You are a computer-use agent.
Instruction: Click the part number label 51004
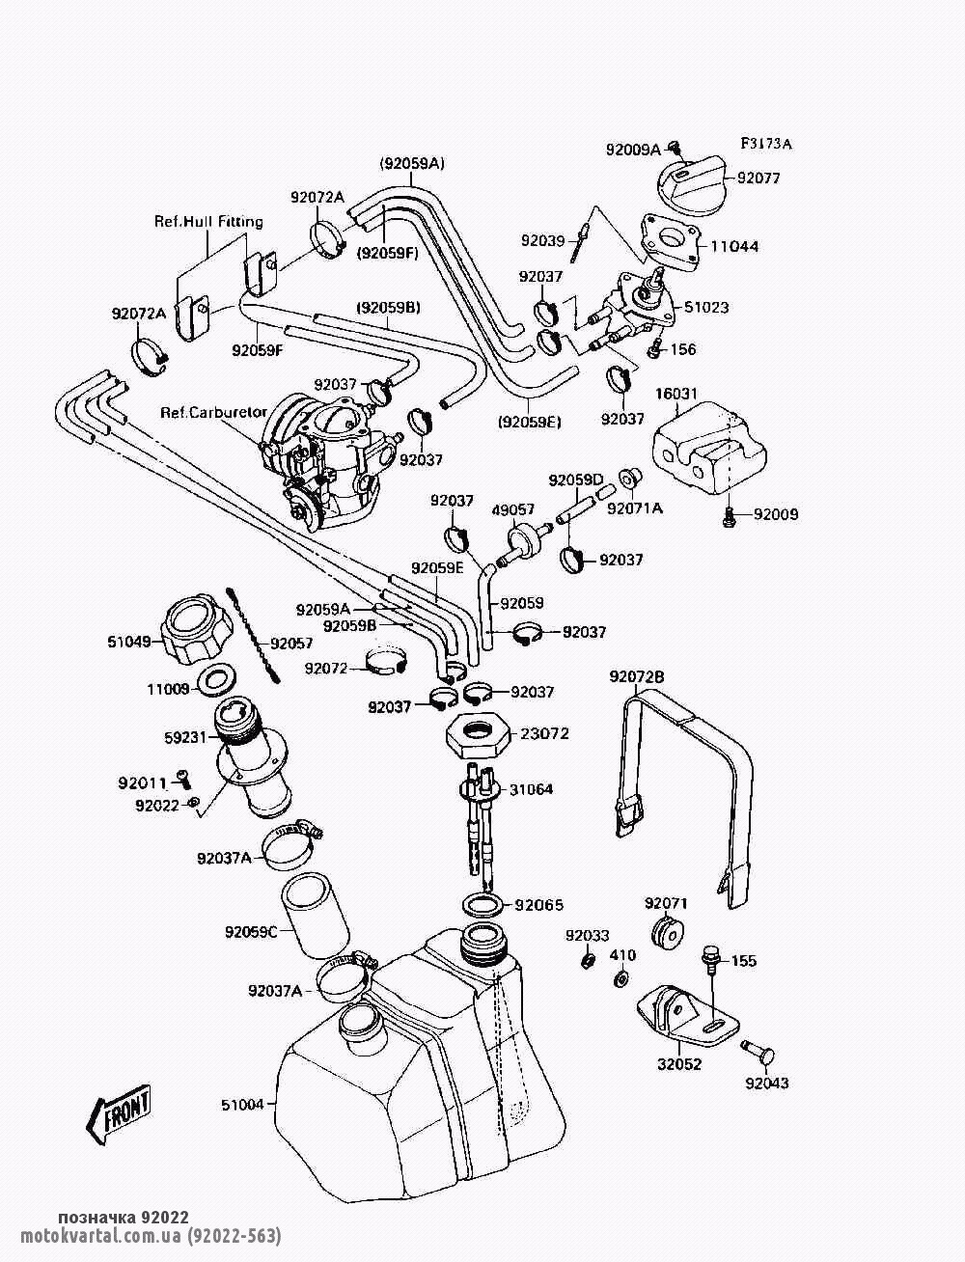pyautogui.click(x=241, y=1105)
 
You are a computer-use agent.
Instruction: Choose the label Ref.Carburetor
pyautogui.click(x=213, y=412)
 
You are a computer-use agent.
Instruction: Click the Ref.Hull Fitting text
pyautogui.click(x=208, y=222)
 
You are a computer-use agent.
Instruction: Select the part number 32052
pyautogui.click(x=680, y=1064)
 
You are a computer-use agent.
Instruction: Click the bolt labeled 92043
pyautogui.click(x=759, y=1056)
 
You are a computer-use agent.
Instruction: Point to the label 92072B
pyautogui.click(x=637, y=677)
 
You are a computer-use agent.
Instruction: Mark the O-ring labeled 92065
pyautogui.click(x=482, y=906)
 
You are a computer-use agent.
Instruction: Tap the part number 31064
pyautogui.click(x=532, y=789)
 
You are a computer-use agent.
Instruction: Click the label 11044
pyautogui.click(x=734, y=247)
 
